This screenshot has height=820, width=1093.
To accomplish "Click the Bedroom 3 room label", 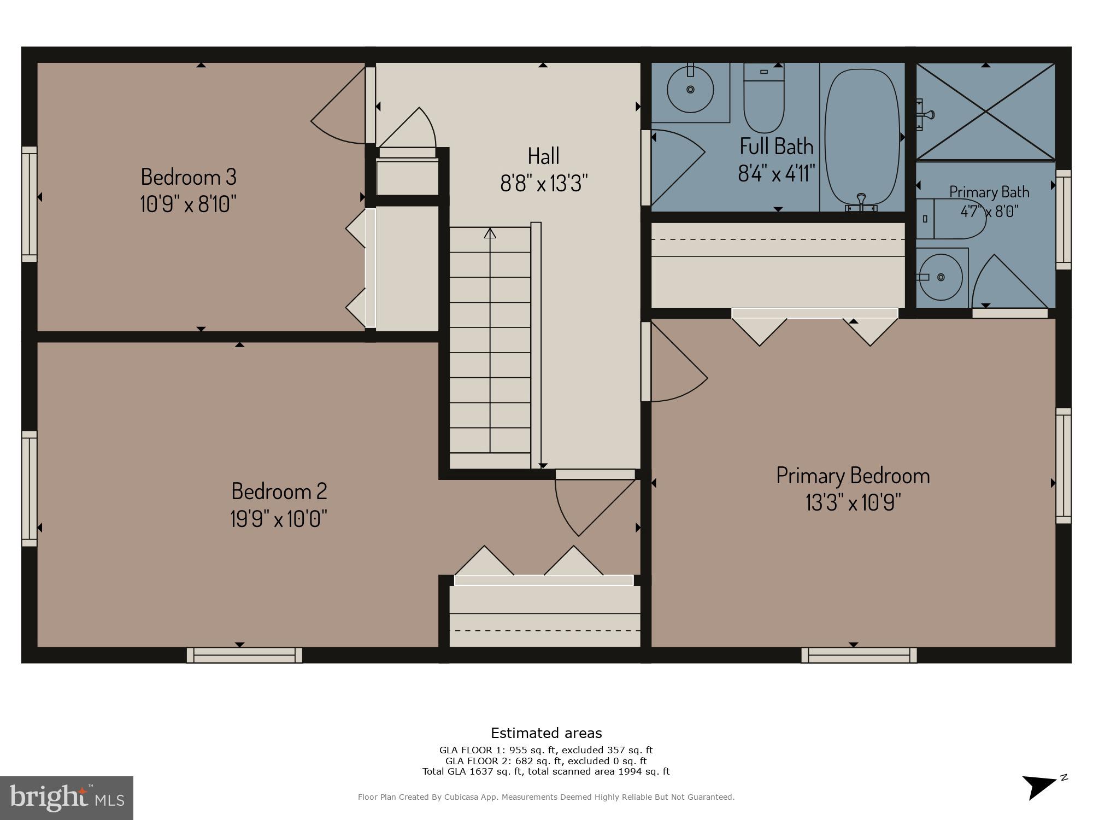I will [x=189, y=177].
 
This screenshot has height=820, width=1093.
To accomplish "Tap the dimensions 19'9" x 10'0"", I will [x=279, y=518].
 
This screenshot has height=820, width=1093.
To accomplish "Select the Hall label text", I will [x=543, y=156].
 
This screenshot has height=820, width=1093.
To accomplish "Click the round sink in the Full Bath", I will [x=690, y=90].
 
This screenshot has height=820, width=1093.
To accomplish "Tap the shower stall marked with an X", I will [x=985, y=112].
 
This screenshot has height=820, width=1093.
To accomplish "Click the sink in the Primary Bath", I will [x=940, y=277].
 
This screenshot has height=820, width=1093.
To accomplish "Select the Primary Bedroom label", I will [x=853, y=476].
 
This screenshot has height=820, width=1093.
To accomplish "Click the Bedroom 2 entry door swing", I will [x=593, y=506].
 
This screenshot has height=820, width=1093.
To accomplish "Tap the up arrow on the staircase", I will [x=490, y=234].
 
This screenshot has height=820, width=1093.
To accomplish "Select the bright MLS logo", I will [x=67, y=798].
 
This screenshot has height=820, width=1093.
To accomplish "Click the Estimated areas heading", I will [x=546, y=733].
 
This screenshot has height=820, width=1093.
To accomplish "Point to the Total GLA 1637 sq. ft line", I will [x=545, y=771].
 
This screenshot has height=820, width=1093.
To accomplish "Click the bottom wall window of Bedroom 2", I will [x=244, y=655].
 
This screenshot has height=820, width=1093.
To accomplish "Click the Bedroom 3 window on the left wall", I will [x=30, y=204].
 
